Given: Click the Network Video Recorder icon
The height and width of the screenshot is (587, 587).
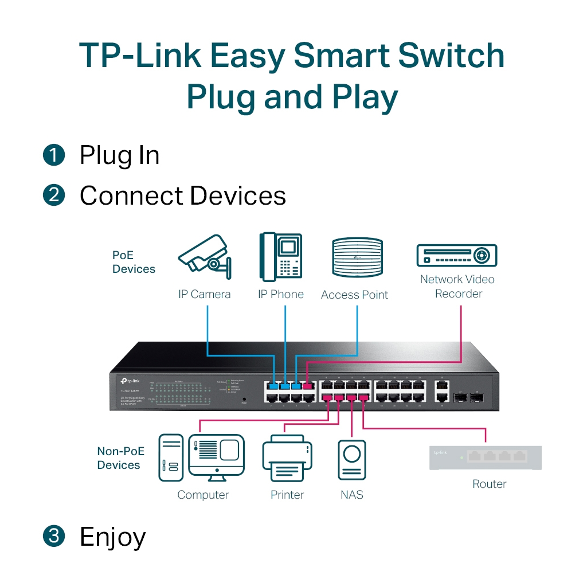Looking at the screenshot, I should [x=456, y=255].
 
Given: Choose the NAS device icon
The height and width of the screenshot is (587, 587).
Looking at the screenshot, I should [x=351, y=459].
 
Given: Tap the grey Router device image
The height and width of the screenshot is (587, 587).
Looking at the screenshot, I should [x=486, y=457].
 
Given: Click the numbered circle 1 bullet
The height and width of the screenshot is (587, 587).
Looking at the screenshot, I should [x=54, y=155].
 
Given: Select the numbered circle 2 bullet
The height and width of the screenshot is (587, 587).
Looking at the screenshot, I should [x=54, y=195].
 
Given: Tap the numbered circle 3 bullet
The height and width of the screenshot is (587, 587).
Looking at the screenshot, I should [x=54, y=537].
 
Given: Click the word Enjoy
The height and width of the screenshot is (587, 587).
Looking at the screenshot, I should [x=113, y=537].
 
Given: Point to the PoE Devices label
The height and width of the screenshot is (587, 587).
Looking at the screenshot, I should [x=134, y=262].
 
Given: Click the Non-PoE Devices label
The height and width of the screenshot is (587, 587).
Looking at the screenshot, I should [x=120, y=458].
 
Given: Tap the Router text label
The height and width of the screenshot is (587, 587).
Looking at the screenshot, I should [x=489, y=484].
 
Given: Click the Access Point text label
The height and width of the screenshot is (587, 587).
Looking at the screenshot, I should [x=354, y=295].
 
